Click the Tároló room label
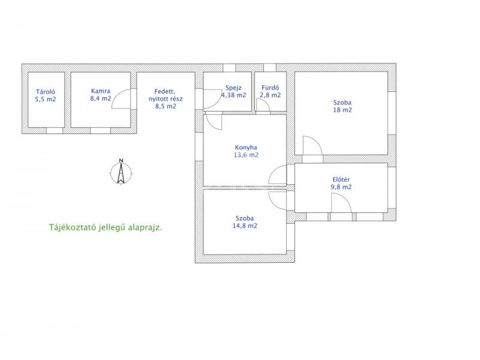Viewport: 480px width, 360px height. pos(46,92)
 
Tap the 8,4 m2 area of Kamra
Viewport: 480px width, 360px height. pos(100,98)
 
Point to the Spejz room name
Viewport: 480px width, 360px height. pos(233,88)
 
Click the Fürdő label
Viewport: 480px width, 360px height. pos(271,88)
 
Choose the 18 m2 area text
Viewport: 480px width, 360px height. pos(342,110)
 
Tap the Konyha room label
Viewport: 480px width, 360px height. pos(246,147)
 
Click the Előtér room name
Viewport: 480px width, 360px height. pos(341,179)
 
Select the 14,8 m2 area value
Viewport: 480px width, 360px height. pos(245,226)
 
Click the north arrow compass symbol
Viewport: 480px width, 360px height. pos(121,172)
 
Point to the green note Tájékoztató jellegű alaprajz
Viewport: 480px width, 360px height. pos(106,227)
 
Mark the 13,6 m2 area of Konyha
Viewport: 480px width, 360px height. pos(246,155)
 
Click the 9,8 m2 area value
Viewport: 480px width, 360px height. pos(341,187)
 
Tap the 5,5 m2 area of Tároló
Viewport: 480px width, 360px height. pos(46,99)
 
